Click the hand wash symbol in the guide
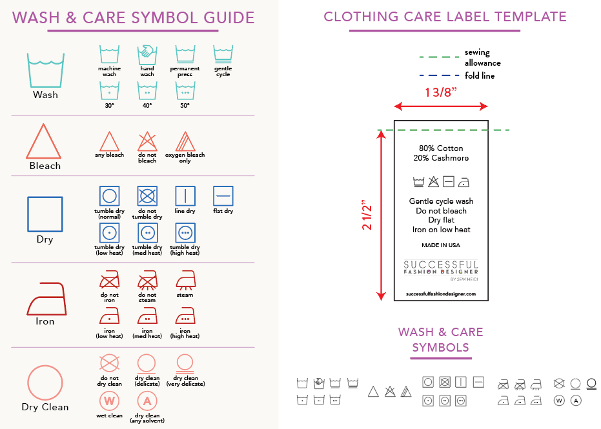click(x=147, y=54)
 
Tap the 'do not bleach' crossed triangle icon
click(x=147, y=141)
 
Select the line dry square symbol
click(x=185, y=196)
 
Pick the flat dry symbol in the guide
click(x=223, y=196)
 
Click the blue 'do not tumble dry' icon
click(x=147, y=196)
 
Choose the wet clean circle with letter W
click(x=109, y=401)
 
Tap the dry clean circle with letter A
click(x=147, y=401)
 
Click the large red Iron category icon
click(x=45, y=299)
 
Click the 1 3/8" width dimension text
click(x=441, y=92)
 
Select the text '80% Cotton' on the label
click(x=441, y=148)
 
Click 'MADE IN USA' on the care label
click(x=441, y=245)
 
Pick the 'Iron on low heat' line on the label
click(x=441, y=230)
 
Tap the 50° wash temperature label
click(x=185, y=105)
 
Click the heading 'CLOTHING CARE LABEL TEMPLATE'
click(x=445, y=17)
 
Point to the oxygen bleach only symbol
click(x=185, y=141)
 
